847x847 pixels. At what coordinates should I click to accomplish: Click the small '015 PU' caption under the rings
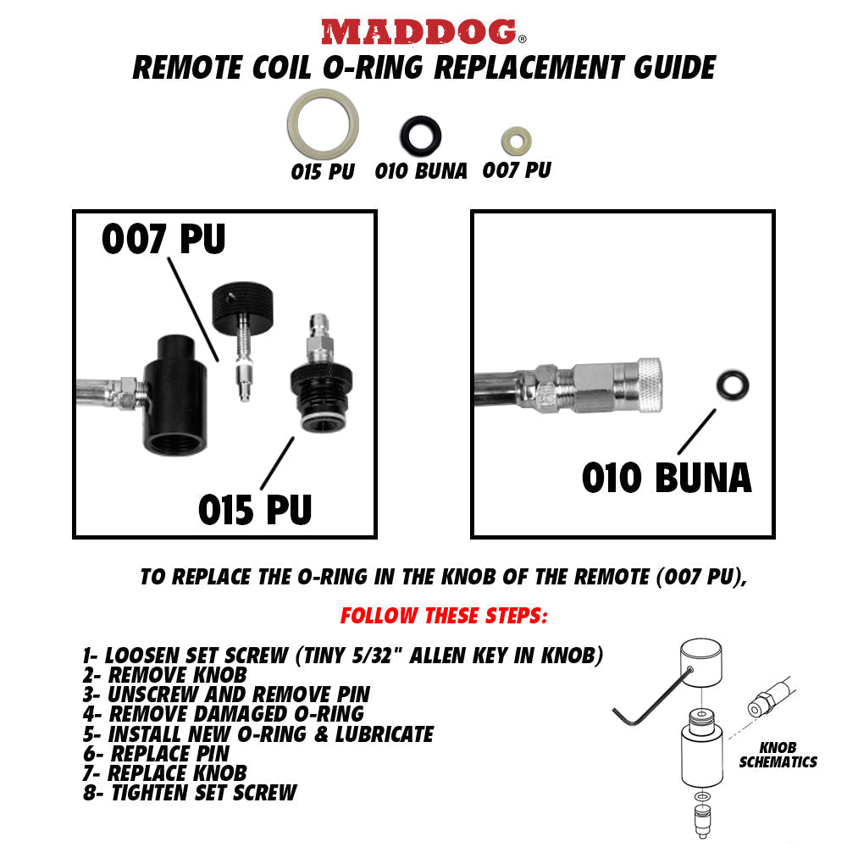322,171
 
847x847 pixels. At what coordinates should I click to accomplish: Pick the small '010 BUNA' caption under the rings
421,171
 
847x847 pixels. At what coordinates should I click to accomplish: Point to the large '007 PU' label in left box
163,240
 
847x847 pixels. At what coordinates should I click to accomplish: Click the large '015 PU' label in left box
255,509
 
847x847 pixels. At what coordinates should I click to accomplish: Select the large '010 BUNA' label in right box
667,478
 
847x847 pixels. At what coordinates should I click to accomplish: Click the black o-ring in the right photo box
731,385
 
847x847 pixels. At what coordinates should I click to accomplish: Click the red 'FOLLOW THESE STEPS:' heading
444,616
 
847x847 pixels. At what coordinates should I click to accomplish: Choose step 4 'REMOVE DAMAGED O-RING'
223,714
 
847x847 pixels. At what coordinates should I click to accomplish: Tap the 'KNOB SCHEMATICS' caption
778,756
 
